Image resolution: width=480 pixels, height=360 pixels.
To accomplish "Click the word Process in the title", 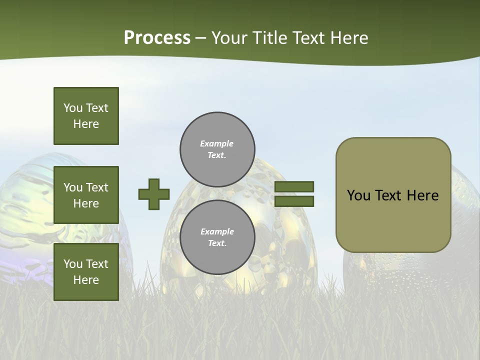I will (157, 38).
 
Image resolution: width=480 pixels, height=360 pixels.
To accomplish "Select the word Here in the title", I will (348, 38).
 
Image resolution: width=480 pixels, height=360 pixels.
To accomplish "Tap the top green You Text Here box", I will (86, 116).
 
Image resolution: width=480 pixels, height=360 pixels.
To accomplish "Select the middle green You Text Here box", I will (86, 195).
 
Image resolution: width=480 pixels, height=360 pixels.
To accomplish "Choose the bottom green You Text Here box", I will (86, 272).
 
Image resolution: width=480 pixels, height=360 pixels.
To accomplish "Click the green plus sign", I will (154, 194).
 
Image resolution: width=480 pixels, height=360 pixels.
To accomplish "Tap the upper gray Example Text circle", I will (217, 149).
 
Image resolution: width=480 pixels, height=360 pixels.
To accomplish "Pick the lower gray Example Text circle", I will (217, 237).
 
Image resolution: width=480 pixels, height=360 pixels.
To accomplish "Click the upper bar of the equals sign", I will (294, 186).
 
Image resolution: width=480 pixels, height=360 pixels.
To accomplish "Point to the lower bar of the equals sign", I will (294, 201).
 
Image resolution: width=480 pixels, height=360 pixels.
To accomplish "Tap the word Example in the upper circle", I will (216, 143).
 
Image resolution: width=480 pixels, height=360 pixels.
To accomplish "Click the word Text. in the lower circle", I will (217, 243).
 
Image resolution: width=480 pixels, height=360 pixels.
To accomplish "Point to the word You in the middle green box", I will (73, 187).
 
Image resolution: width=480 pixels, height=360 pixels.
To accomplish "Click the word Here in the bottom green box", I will (86, 280).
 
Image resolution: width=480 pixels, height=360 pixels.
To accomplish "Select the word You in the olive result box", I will (358, 195).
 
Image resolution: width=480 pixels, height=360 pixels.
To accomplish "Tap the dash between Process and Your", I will (201, 38).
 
